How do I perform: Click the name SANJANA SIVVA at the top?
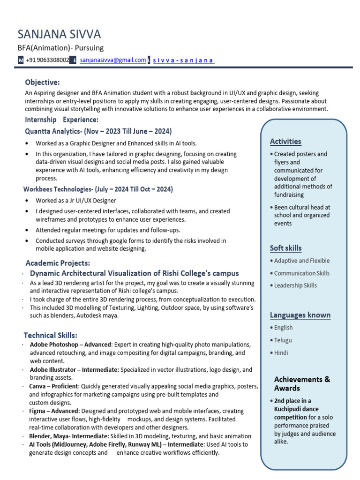pyautogui.click(x=59, y=34)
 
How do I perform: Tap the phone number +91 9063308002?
pyautogui.click(x=47, y=60)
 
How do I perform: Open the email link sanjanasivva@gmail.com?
pyautogui.click(x=112, y=60)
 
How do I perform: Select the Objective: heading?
pyautogui.click(x=43, y=82)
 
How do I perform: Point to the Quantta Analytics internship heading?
pyautogui.click(x=98, y=131)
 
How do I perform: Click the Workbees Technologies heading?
pyautogui.click(x=98, y=189)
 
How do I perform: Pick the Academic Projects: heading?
pyautogui.click(x=58, y=263)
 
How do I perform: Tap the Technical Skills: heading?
pyautogui.click(x=51, y=335)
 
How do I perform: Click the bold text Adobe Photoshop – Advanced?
pyautogui.click(x=71, y=345)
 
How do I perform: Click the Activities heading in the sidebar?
pyautogui.click(x=285, y=142)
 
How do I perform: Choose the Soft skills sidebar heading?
pyautogui.click(x=285, y=248)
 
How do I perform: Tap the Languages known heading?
pyautogui.click(x=300, y=315)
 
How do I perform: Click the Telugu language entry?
pyautogui.click(x=283, y=340)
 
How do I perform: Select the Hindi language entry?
pyautogui.click(x=281, y=352)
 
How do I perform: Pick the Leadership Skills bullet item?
pyautogui.click(x=295, y=285)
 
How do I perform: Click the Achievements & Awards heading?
pyautogui.click(x=302, y=383)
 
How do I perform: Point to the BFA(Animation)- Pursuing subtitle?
pyautogui.click(x=60, y=48)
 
